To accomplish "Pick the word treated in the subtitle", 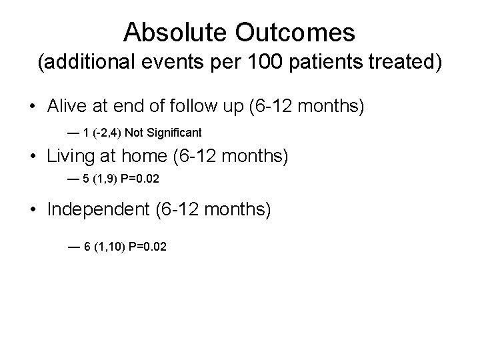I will [x=404, y=63].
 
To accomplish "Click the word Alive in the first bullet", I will [x=67, y=106].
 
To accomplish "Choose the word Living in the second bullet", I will [x=71, y=157].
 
